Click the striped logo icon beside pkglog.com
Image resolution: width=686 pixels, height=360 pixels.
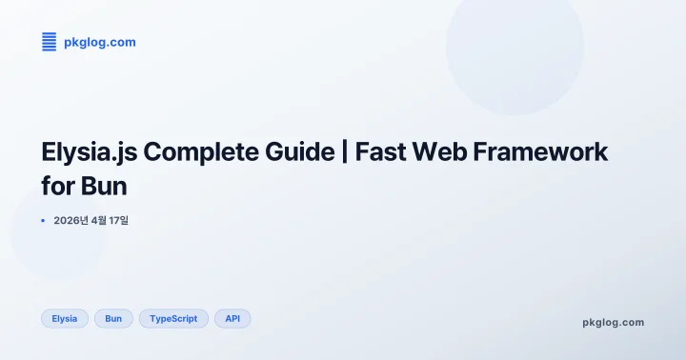(x=50, y=42)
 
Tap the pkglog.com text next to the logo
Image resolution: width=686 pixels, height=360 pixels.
(x=99, y=42)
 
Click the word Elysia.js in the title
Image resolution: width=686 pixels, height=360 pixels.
(x=86, y=152)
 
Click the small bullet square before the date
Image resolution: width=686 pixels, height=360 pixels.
(x=43, y=221)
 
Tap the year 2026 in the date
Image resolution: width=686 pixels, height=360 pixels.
(x=71, y=221)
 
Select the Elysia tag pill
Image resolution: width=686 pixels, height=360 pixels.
(x=65, y=318)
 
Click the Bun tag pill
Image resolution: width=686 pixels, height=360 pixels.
(x=113, y=318)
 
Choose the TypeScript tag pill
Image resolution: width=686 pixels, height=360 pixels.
(x=173, y=318)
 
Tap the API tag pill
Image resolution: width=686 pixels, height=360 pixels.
(x=232, y=318)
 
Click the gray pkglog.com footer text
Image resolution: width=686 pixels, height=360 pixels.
(x=613, y=322)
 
